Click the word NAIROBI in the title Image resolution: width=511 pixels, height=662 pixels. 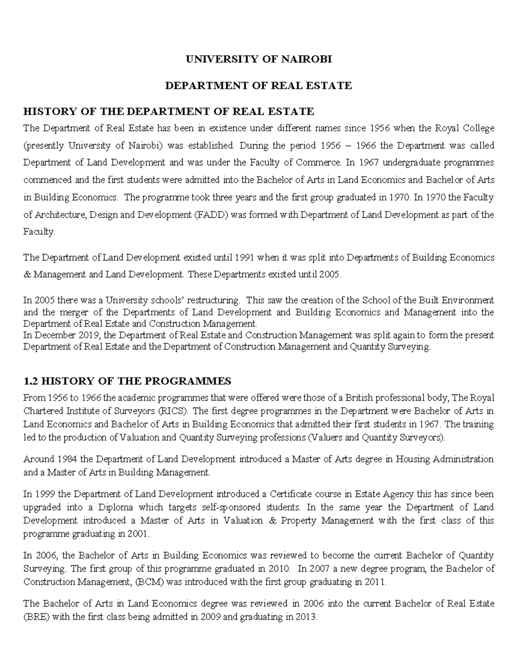click(305, 59)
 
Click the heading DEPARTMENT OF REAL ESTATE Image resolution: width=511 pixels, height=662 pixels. click(258, 86)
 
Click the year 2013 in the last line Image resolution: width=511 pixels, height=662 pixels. click(306, 617)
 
